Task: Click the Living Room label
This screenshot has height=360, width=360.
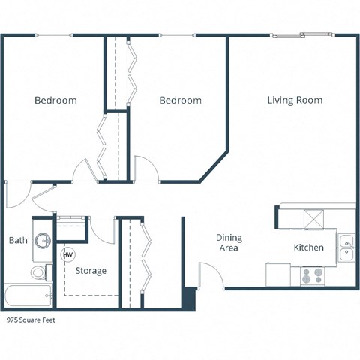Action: (295, 100)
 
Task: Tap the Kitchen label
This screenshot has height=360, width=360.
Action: (308, 247)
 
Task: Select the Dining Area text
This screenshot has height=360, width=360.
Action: (229, 242)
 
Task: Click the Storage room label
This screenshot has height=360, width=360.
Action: (90, 270)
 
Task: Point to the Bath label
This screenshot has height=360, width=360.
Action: (18, 241)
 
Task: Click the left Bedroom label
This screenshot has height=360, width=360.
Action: (56, 100)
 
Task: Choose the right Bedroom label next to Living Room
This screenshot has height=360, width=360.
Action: (180, 100)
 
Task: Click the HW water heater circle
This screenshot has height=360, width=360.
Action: (67, 254)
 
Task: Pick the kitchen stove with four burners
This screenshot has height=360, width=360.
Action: (311, 275)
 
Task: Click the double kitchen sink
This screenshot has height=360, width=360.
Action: (346, 247)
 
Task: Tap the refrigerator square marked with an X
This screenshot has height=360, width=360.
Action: (313, 218)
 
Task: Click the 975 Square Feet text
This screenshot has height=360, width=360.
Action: (31, 319)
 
